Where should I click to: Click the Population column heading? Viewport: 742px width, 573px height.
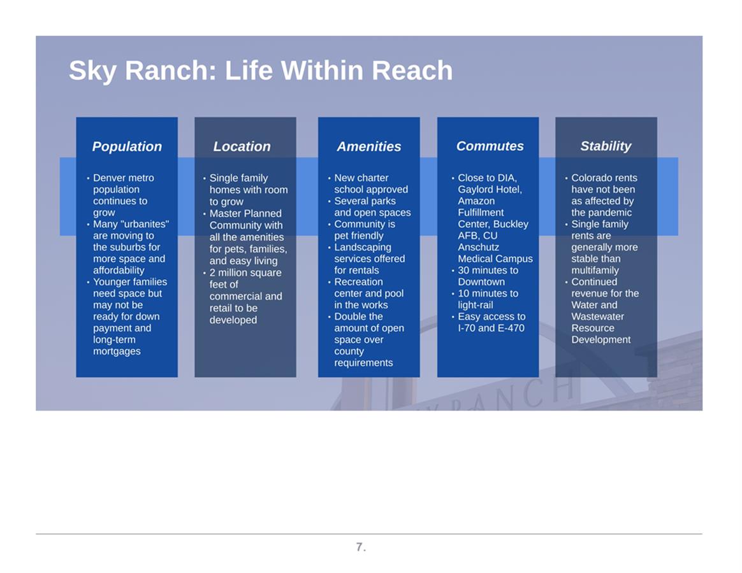127,146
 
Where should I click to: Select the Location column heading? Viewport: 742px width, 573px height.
242,146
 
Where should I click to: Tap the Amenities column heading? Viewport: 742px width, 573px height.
369,146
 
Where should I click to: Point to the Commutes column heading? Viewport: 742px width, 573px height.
490,146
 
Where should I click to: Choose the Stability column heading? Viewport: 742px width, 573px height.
606,146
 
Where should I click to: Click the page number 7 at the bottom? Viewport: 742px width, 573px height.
360,547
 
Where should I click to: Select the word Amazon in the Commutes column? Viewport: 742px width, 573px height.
476,201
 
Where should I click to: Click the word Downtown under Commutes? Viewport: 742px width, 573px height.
481,282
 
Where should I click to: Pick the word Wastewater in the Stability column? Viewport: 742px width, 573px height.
598,317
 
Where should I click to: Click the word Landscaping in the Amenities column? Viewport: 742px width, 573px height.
363,247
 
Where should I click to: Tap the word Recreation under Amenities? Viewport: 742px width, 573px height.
358,282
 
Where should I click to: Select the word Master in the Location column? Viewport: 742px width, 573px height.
224,214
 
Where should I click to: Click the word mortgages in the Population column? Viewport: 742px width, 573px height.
117,351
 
